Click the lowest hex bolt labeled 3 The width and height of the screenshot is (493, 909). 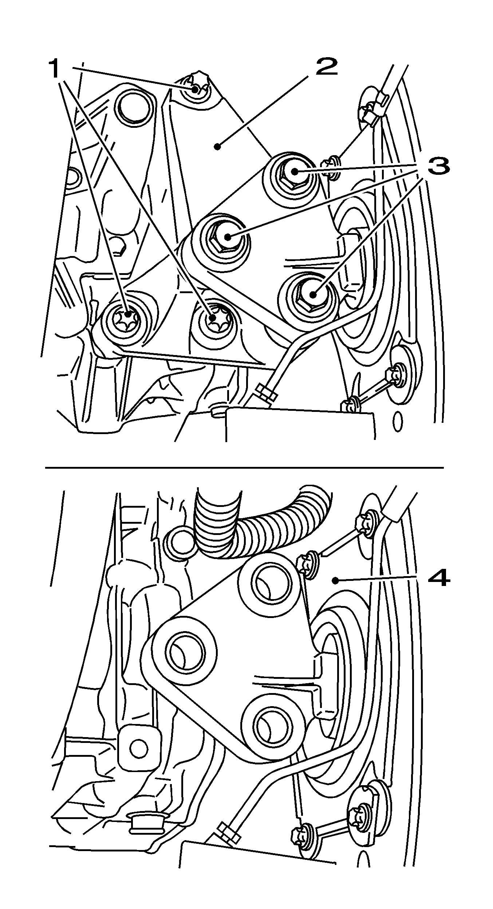(312, 294)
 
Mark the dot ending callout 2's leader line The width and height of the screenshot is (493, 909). (217, 147)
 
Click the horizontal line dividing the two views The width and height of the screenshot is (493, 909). (244, 467)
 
